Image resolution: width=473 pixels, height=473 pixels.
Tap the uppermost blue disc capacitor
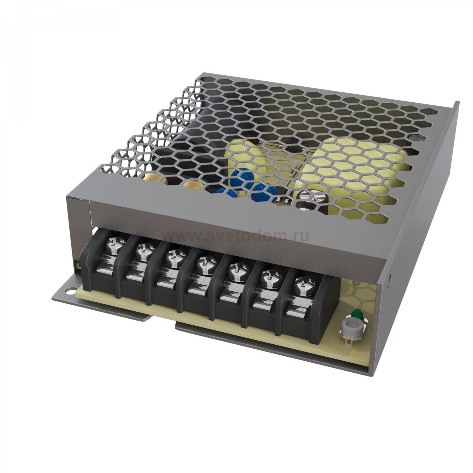242,177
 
